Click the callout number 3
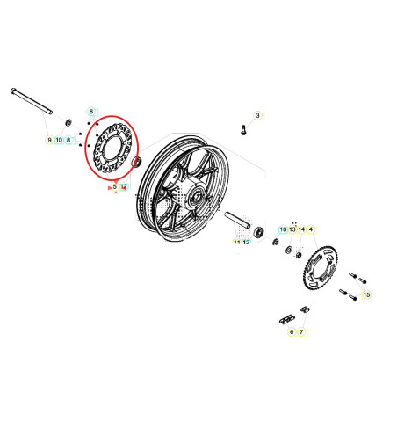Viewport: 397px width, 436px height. click(257, 115)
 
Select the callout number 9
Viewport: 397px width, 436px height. click(49, 140)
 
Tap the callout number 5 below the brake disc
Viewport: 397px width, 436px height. click(114, 186)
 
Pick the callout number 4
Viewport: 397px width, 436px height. click(311, 229)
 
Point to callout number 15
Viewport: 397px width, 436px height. click(366, 295)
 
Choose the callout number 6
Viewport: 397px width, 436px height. click(291, 331)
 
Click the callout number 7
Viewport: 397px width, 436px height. click(300, 331)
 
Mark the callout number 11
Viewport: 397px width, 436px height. click(236, 241)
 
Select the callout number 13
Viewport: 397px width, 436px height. click(292, 229)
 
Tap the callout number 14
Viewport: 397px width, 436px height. click(301, 229)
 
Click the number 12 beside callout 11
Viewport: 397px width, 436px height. click(246, 241)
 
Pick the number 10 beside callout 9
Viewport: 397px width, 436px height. click(59, 140)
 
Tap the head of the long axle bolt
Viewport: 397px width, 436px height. click(15, 91)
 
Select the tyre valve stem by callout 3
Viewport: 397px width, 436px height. click(241, 130)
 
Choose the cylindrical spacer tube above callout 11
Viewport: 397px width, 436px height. click(239, 221)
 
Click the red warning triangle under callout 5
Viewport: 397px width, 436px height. click(108, 186)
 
